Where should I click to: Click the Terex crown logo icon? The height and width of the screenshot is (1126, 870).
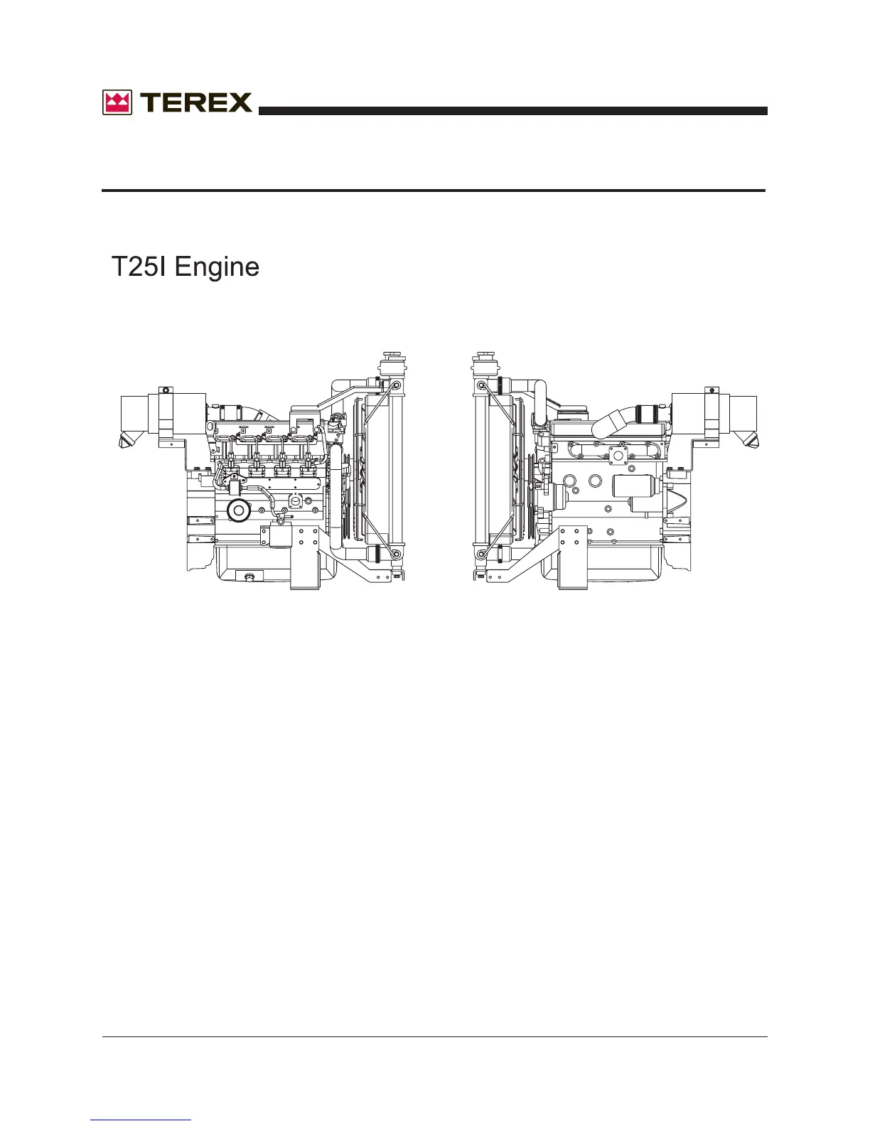[x=117, y=103]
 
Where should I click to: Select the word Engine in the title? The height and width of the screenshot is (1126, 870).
[x=217, y=267]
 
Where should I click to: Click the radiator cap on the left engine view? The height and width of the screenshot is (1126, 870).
[x=390, y=355]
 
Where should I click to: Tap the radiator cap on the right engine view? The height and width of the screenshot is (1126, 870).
[x=484, y=355]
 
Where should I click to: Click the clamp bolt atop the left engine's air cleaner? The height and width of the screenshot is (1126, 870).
[x=165, y=390]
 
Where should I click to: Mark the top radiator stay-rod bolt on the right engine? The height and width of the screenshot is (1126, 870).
[x=482, y=386]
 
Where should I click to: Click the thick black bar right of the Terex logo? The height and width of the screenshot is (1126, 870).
[x=512, y=111]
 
